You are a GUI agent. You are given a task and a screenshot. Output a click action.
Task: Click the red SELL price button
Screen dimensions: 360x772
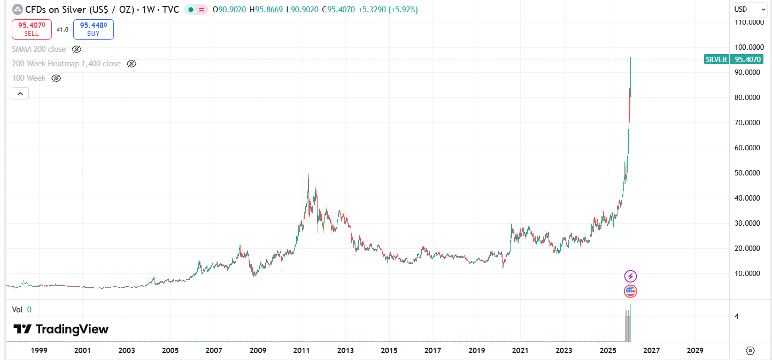32,29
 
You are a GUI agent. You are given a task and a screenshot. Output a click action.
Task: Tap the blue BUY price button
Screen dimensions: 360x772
94,29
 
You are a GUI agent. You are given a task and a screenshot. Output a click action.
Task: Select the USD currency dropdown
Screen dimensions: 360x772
748,9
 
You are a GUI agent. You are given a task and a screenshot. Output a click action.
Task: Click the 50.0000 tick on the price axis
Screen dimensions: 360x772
748,173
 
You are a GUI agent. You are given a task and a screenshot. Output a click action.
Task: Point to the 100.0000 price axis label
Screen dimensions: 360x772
748,47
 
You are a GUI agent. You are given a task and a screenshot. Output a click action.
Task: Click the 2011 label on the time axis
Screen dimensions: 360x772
302,350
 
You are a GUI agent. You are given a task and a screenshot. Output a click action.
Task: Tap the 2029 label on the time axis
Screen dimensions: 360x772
694,350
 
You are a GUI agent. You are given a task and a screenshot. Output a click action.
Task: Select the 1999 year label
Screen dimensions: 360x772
39,350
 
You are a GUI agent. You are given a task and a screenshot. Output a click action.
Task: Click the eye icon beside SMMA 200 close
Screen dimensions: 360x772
76,49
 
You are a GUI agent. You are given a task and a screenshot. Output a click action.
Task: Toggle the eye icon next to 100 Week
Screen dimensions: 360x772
56,78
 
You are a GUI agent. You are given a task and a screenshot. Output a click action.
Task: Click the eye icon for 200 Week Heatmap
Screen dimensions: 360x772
132,64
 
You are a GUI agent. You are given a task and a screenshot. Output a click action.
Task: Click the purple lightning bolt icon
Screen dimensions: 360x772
631,276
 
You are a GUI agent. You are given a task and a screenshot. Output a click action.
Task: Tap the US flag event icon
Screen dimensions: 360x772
631,292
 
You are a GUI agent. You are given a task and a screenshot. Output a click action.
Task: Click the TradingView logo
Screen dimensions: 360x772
61,329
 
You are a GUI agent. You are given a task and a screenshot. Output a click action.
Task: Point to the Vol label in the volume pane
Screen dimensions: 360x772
17,309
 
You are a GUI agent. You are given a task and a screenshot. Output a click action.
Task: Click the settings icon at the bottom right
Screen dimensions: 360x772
750,350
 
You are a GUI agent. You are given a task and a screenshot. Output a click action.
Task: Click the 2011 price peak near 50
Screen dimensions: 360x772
308,174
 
